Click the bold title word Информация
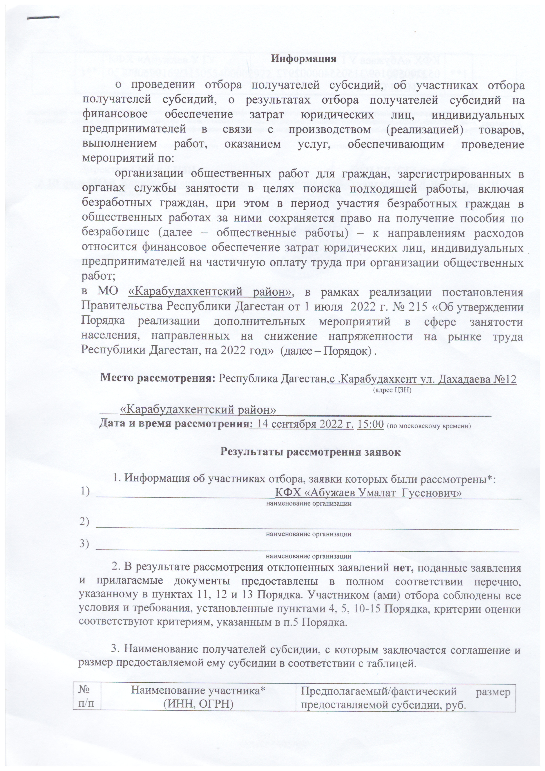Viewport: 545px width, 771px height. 304,59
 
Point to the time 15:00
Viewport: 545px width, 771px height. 371,424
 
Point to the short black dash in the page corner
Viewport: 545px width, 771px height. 43,17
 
